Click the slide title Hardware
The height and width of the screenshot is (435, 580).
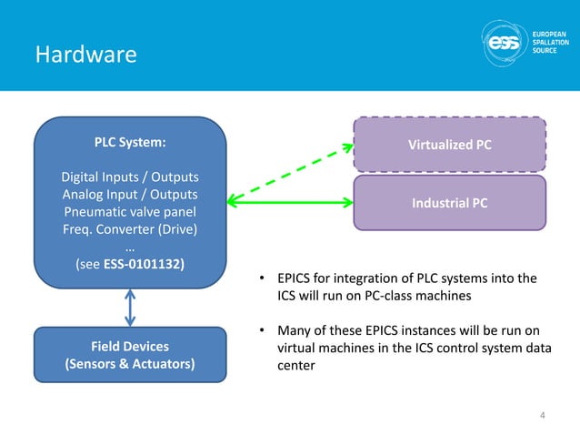85,56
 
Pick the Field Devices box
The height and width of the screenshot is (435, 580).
130,356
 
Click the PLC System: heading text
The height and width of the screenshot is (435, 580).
130,143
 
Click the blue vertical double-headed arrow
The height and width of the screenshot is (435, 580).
131,308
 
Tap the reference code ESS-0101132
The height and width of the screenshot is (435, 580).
147,265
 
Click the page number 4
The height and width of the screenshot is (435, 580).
543,416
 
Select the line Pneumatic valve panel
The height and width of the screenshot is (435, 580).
130,212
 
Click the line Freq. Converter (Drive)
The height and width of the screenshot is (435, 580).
130,229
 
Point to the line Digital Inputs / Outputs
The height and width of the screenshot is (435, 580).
130,177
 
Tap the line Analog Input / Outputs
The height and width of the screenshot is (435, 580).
130,194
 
